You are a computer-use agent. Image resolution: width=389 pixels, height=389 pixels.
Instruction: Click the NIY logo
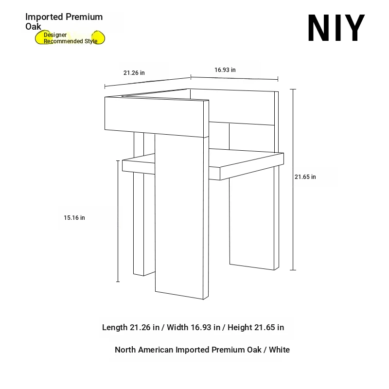click(x=336, y=28)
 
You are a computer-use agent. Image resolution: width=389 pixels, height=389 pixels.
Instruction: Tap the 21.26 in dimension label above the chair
click(x=134, y=73)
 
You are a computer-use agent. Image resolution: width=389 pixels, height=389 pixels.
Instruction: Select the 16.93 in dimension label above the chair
click(x=225, y=70)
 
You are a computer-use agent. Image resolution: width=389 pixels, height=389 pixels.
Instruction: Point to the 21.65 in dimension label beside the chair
click(x=305, y=177)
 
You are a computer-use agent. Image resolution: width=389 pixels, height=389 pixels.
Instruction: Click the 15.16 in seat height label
click(x=74, y=218)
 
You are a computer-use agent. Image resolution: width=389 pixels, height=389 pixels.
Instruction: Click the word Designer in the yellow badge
click(x=55, y=35)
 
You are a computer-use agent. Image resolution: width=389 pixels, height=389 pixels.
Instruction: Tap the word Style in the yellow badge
click(x=91, y=41)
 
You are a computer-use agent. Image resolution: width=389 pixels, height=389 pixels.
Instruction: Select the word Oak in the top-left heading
click(x=33, y=27)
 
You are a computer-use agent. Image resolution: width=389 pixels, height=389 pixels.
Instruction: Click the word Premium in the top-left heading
click(x=84, y=17)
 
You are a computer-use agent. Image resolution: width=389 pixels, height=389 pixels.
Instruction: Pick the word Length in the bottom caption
click(x=115, y=327)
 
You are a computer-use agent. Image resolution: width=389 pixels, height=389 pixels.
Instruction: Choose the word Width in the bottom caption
click(x=177, y=327)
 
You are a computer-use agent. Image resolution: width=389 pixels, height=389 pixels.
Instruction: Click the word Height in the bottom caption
click(x=240, y=327)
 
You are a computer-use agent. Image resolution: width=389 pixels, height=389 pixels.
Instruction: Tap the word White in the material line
click(x=279, y=350)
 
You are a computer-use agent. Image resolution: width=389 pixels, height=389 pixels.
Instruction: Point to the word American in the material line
click(x=156, y=350)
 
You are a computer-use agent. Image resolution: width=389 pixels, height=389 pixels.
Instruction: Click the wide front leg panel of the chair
click(x=179, y=216)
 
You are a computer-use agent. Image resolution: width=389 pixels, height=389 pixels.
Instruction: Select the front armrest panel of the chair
click(x=154, y=117)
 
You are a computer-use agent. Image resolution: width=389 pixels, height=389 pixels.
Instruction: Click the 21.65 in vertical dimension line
click(x=293, y=179)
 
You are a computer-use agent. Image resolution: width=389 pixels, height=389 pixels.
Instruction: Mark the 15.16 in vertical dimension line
click(x=118, y=221)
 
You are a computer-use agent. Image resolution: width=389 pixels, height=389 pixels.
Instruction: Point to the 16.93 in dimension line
click(x=234, y=78)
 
